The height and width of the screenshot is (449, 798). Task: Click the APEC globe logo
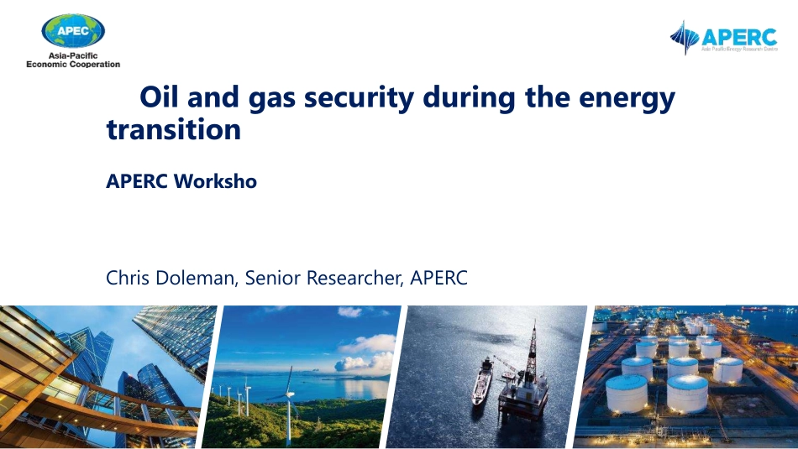click(73, 31)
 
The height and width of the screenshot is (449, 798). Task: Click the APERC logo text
click(739, 37)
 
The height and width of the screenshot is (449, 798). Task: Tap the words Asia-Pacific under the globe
click(73, 55)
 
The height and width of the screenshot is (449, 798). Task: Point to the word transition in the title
click(174, 129)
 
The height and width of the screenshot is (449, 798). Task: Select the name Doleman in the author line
click(196, 278)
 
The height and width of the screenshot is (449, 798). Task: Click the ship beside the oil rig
click(481, 382)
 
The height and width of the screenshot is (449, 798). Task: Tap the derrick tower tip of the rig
click(534, 323)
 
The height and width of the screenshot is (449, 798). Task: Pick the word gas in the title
click(272, 100)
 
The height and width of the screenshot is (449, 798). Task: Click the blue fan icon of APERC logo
click(685, 38)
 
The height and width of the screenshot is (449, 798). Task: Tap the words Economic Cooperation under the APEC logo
click(73, 64)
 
